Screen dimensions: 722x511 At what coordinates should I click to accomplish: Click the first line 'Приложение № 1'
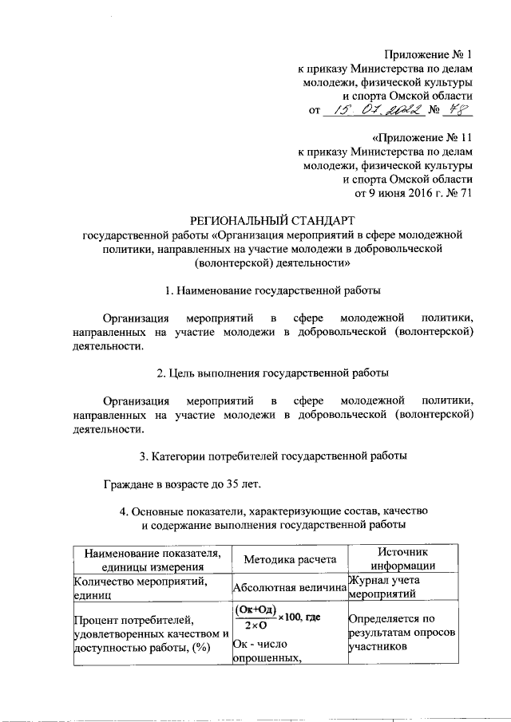point(429,54)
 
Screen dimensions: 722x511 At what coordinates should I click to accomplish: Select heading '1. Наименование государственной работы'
point(272,290)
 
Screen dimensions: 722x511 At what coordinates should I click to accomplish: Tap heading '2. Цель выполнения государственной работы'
point(272,373)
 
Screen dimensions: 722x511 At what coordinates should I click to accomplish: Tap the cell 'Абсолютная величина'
point(290,588)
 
